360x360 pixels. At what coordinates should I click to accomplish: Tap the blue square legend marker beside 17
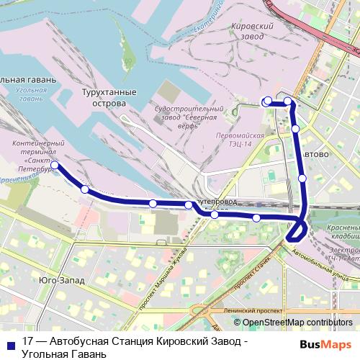click(x=10, y=343)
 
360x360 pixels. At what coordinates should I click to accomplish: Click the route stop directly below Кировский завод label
click(x=268, y=102)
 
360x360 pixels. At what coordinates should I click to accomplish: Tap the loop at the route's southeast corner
click(x=297, y=230)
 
